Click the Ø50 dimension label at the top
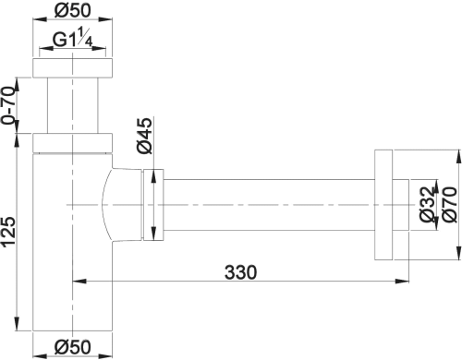coord(73,10)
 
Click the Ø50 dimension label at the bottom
coord(73,347)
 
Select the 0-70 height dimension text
coord(7,105)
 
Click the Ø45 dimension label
coord(144,136)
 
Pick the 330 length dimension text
coord(240,272)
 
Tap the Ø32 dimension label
coord(427,204)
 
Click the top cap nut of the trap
coord(72,67)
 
